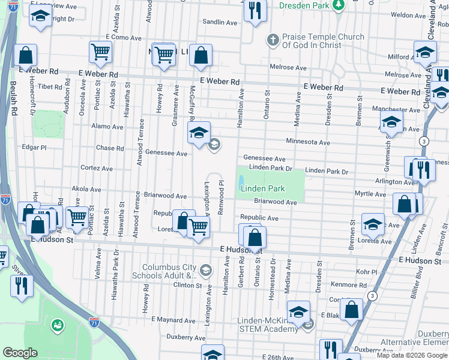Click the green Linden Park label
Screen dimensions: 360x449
click(x=262, y=188)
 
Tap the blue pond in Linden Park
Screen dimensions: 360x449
click(x=241, y=181)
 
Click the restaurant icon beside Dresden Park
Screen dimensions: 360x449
click(x=256, y=11)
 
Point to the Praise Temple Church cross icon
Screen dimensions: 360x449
click(x=273, y=40)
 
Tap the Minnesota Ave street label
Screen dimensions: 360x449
click(x=308, y=143)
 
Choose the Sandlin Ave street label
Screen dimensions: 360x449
click(x=220, y=22)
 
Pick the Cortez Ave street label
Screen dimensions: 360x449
click(x=97, y=169)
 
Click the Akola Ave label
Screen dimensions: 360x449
click(x=86, y=188)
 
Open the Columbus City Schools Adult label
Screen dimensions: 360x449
click(x=169, y=272)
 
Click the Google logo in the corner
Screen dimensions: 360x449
click(x=20, y=353)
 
